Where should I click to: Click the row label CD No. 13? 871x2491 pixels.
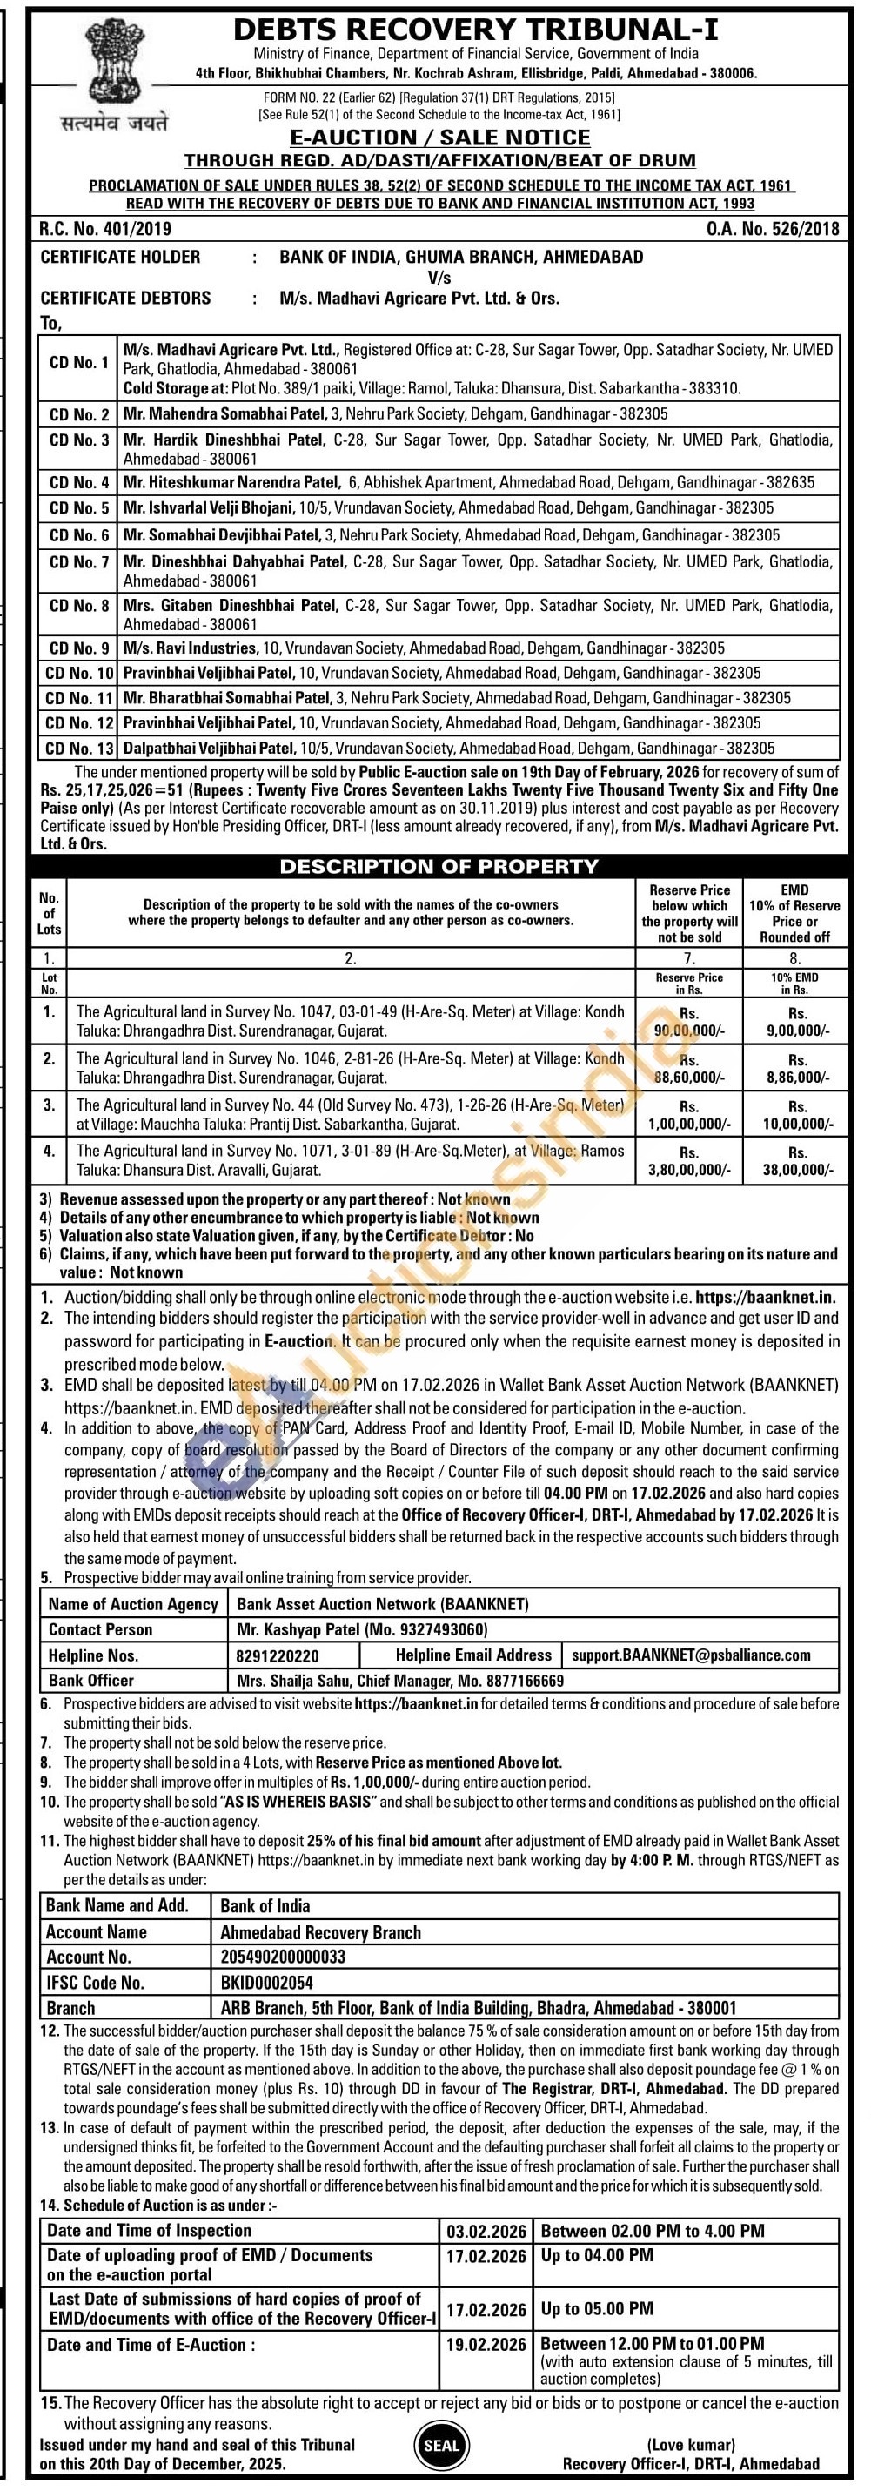[x=79, y=748]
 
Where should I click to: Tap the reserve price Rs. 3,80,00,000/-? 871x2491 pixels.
[x=689, y=1161]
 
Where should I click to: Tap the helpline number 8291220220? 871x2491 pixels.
[x=278, y=1655]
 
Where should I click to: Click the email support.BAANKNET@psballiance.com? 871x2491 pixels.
[x=690, y=1655]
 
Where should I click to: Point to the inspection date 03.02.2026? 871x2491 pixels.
[x=486, y=2231]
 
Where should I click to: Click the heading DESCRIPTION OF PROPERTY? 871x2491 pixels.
[x=439, y=866]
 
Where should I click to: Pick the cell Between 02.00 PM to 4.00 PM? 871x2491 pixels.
[x=653, y=2231]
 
